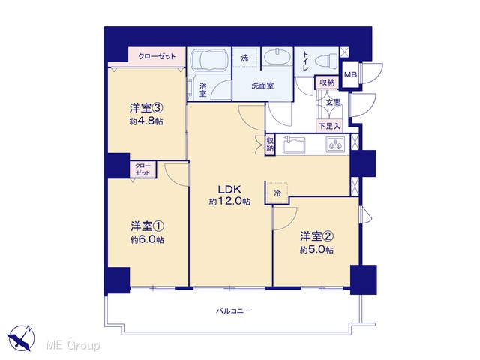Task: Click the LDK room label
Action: coord(229,190)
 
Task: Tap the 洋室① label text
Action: coord(147,226)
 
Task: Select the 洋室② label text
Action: coord(316,236)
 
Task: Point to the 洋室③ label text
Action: coord(146,108)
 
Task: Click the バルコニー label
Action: coord(233,311)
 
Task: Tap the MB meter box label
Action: coord(350,74)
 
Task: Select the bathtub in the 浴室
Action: coord(209,60)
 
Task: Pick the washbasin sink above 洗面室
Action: coord(277,57)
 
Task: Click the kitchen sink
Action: coord(294,144)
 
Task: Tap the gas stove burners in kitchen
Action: coord(335,144)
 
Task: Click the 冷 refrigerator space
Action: coord(277,193)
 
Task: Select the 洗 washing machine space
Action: coord(244,57)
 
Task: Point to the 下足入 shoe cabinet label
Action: coord(329,126)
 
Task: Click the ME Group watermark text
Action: coord(73,345)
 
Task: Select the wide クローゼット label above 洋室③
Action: coord(157,56)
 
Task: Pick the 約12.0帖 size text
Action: coord(229,202)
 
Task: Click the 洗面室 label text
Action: coord(262,86)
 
